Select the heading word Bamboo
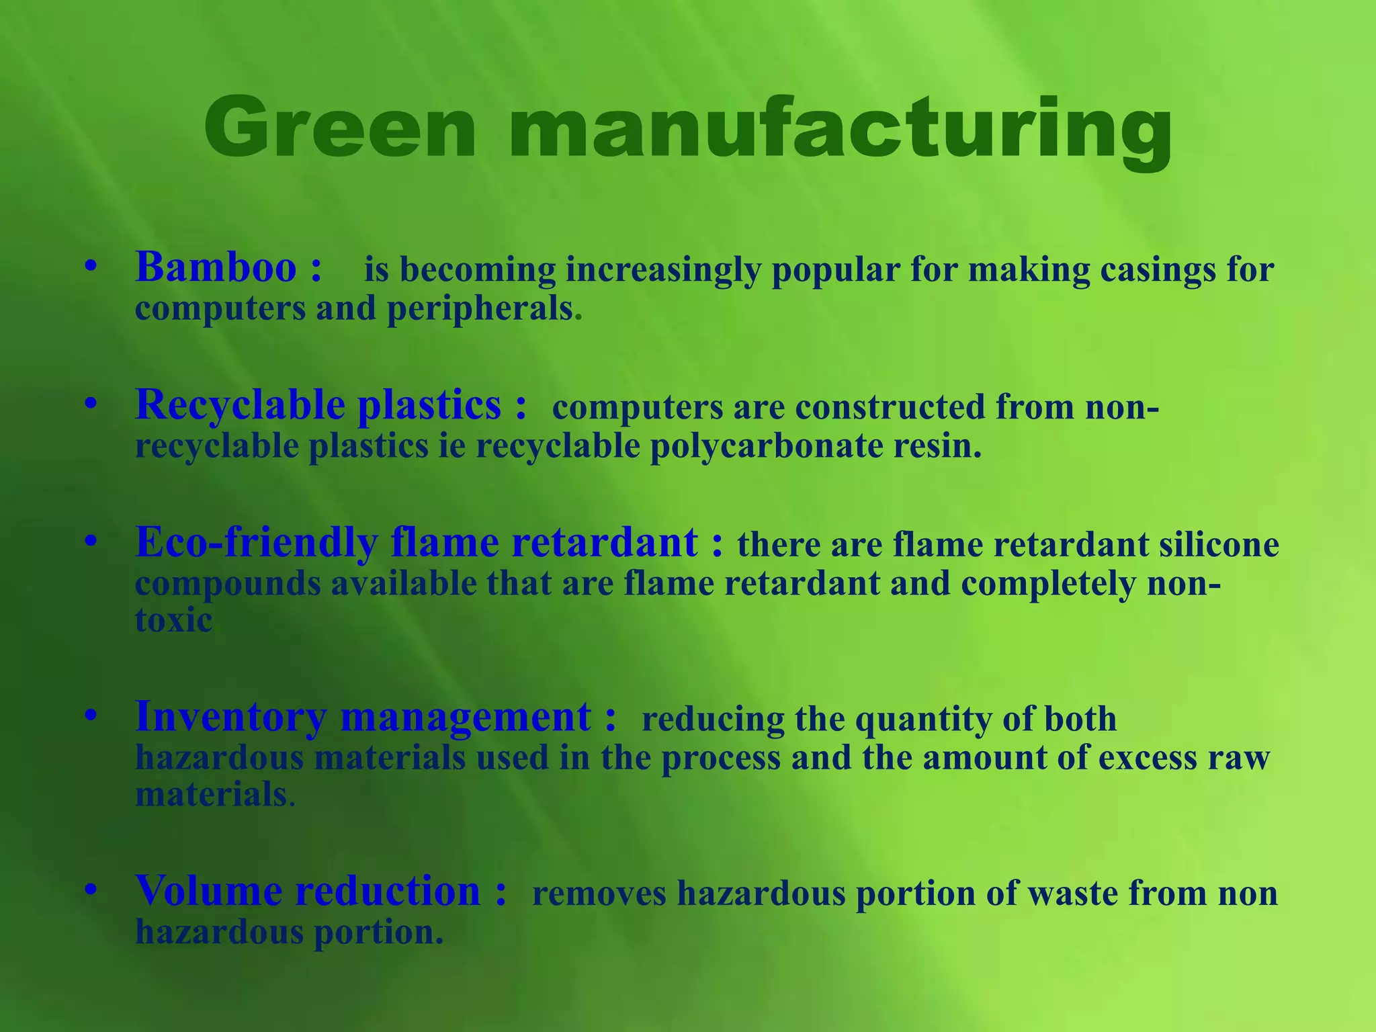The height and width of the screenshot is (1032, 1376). click(x=216, y=267)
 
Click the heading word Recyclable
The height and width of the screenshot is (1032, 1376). click(x=241, y=406)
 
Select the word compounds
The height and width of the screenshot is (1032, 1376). click(x=228, y=583)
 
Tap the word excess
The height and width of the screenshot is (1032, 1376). click(x=1148, y=758)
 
